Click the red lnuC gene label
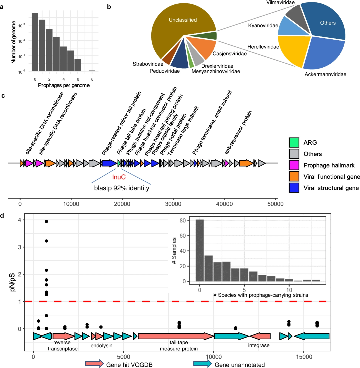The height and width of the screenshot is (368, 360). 121,176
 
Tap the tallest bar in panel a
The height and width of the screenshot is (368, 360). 35,42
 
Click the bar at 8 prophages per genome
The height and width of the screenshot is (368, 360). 92,71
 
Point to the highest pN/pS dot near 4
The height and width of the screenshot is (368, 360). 46,221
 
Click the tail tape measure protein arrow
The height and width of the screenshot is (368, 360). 176,336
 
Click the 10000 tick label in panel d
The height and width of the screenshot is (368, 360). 213,356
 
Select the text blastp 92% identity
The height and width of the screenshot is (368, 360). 121,188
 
